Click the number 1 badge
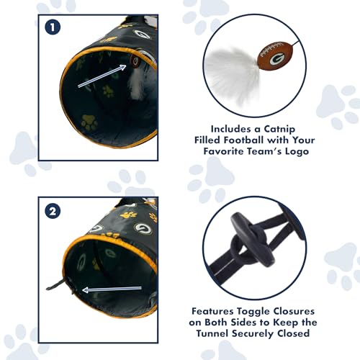[53, 27]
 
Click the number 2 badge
[53, 211]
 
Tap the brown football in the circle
[274, 57]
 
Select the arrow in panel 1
[102, 76]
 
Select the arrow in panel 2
[112, 289]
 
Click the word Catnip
[279, 129]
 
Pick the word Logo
[297, 152]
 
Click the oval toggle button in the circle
[254, 240]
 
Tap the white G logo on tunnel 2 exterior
[143, 228]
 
